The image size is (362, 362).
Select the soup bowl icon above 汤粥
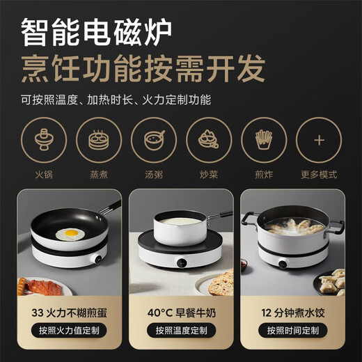tap(154, 139)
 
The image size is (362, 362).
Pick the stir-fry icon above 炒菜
tap(209, 139)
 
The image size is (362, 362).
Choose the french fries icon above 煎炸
tap(264, 139)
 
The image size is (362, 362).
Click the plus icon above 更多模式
tap(319, 139)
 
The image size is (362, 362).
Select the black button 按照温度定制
tap(181, 330)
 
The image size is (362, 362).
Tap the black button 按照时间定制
tap(293, 330)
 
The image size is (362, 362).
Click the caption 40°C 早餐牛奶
tap(181, 311)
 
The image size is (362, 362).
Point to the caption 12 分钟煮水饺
tap(293, 311)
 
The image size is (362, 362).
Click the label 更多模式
tap(319, 174)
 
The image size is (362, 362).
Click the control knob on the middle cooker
tap(181, 265)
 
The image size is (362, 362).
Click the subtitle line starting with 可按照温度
tap(116, 98)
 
